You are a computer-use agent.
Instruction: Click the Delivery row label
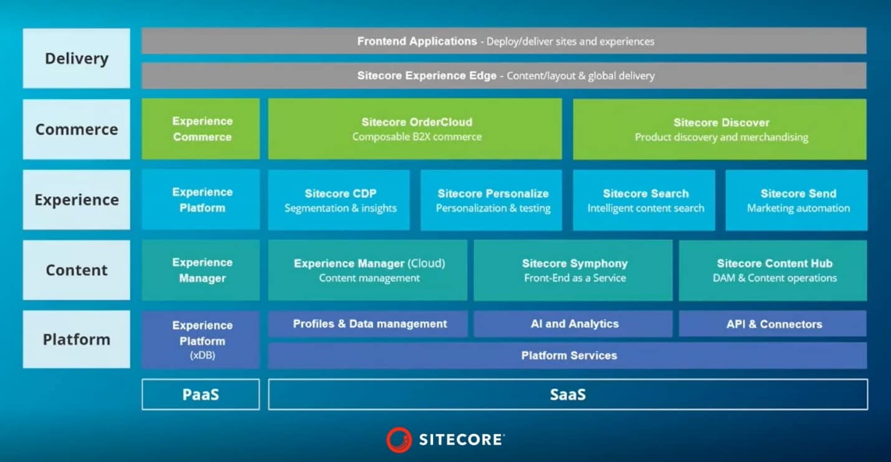(x=77, y=58)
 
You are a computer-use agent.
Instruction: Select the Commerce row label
(x=77, y=129)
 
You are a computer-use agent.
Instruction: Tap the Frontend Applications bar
(x=504, y=41)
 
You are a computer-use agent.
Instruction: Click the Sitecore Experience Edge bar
(x=504, y=75)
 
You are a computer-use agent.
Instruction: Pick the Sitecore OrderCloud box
(x=415, y=129)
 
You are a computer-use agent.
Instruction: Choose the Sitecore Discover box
(x=720, y=129)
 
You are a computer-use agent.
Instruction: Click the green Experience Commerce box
(x=201, y=129)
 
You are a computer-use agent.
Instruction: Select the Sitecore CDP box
(x=339, y=200)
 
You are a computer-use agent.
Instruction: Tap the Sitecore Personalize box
(x=491, y=200)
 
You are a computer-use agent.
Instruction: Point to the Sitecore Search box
(x=644, y=200)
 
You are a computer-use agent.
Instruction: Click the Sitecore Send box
(x=796, y=200)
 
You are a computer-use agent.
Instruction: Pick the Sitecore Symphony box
(x=573, y=270)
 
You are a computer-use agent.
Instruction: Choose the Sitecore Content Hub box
(x=773, y=270)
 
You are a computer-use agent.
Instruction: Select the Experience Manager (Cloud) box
(x=368, y=270)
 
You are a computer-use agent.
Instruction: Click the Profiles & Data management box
(x=368, y=324)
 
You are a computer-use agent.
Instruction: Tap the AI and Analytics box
(x=573, y=324)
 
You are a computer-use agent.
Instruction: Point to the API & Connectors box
(x=773, y=324)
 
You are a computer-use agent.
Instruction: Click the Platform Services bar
(x=568, y=355)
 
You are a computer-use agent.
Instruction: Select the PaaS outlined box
(x=201, y=394)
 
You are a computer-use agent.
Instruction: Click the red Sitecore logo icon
(x=399, y=440)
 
